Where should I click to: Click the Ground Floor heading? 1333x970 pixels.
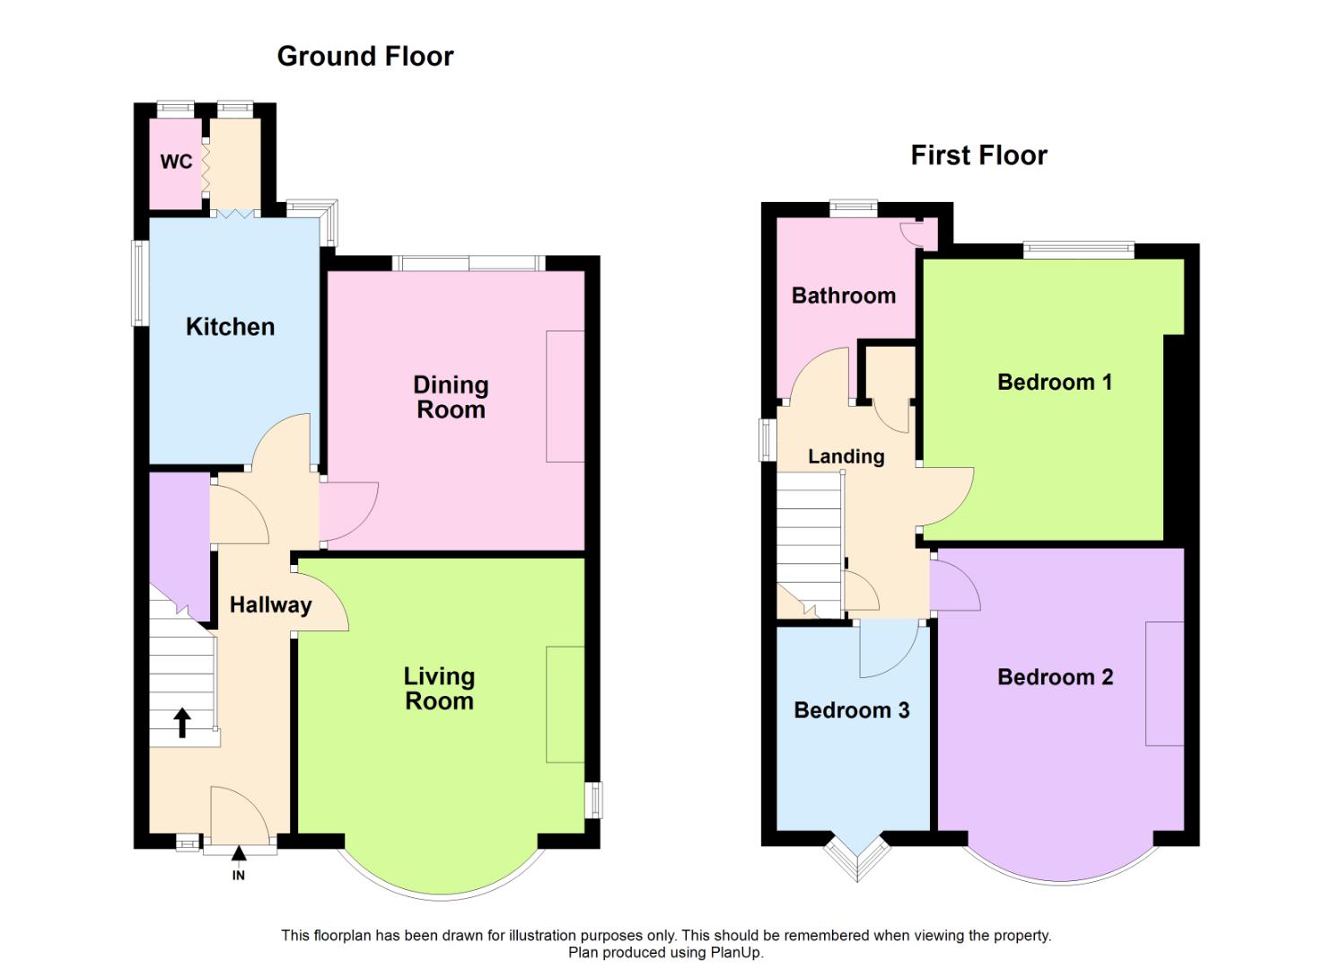364,57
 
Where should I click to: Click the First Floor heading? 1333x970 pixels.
978,155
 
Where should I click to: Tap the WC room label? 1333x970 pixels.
176,162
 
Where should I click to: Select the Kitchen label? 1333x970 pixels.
230,327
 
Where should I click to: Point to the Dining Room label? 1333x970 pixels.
451,397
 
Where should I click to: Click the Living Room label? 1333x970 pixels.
439,688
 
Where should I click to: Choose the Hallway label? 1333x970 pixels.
270,605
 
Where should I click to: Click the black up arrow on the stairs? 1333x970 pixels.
182,722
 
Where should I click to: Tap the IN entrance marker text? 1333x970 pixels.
239,875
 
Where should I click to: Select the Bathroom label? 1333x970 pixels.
843,295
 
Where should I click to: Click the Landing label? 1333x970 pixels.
846,456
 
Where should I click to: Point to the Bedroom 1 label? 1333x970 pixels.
1055,382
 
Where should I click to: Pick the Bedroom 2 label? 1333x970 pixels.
1055,677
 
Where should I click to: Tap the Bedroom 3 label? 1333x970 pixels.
851,710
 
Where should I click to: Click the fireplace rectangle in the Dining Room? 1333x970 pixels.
565,396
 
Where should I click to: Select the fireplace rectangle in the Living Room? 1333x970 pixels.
565,704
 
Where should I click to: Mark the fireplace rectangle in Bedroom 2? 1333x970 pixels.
1164,683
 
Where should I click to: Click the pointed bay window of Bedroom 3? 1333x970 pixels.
857,860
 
